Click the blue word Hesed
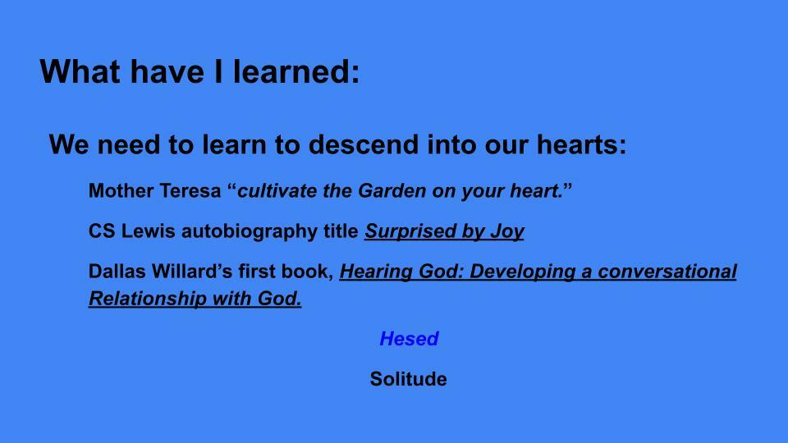coord(409,339)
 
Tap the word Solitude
coord(408,379)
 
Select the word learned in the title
coord(296,71)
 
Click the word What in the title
coord(80,71)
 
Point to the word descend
coord(364,144)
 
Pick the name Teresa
coord(190,191)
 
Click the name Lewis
coord(149,231)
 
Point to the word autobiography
coord(250,232)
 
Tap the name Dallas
coord(117,272)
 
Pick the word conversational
coord(667,272)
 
